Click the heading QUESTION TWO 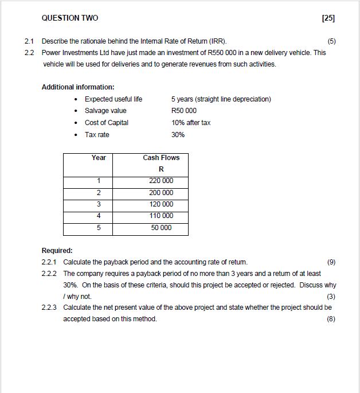click(x=70, y=18)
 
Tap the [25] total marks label click(x=328, y=18)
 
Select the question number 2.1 click(x=30, y=41)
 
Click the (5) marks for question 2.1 click(x=331, y=41)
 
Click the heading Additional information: click(x=78, y=87)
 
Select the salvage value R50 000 click(x=183, y=111)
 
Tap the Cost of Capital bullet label click(x=107, y=123)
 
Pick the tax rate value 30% click(x=178, y=135)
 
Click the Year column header click(x=99, y=158)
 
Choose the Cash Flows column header click(x=161, y=158)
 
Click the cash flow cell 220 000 click(x=161, y=181)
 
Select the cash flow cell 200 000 click(x=161, y=193)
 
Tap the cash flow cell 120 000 click(x=161, y=204)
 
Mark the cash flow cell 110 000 click(x=161, y=216)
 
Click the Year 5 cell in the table click(x=99, y=228)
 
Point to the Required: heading click(x=57, y=251)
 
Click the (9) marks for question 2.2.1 click(x=331, y=262)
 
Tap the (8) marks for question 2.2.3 click(x=331, y=319)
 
